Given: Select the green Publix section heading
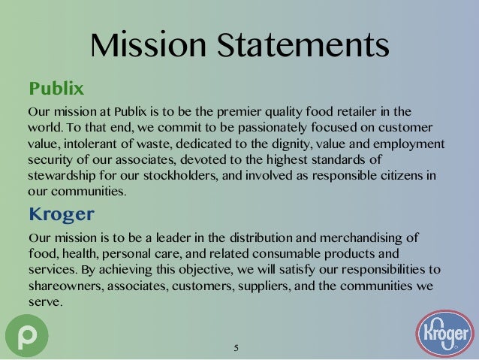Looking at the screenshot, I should [x=55, y=89].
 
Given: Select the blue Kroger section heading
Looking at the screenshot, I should [x=61, y=214].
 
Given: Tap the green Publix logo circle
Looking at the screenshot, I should [x=26, y=334].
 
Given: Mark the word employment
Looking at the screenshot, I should [x=408, y=144].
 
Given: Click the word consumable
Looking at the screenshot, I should [x=288, y=254].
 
